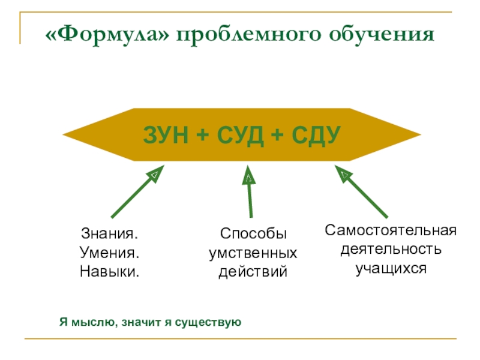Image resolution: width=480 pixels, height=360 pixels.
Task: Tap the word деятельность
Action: click(391, 248)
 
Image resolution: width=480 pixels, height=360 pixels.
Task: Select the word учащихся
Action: click(391, 268)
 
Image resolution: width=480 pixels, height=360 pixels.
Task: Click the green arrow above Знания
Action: click(137, 192)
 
